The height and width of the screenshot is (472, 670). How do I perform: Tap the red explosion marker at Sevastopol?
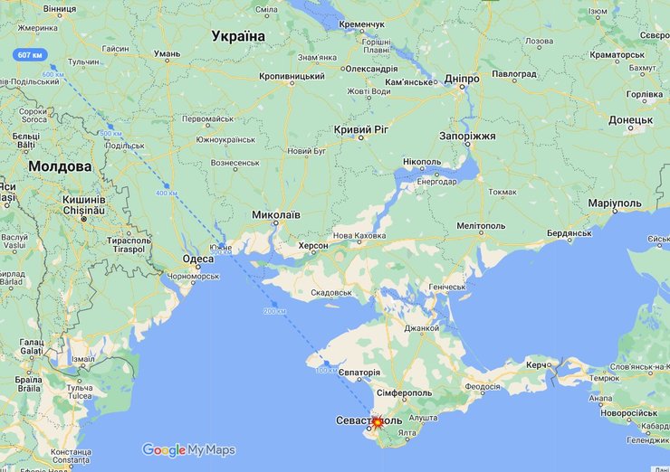378,421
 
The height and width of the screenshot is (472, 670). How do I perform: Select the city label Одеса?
198,259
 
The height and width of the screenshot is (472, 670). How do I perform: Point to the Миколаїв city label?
275,215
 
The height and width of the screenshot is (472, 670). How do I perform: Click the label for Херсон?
314,246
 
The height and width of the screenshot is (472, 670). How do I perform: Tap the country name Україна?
238,36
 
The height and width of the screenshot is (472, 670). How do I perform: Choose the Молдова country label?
60,167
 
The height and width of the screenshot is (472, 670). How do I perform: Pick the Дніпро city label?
462,80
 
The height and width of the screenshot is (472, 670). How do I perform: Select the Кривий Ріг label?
360,130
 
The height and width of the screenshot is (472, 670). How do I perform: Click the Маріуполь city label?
615,203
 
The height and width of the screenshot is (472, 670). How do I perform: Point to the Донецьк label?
630,119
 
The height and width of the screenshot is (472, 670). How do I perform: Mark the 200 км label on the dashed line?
273,311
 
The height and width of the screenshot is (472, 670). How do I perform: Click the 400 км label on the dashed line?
167,194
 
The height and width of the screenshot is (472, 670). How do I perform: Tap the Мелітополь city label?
481,225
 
